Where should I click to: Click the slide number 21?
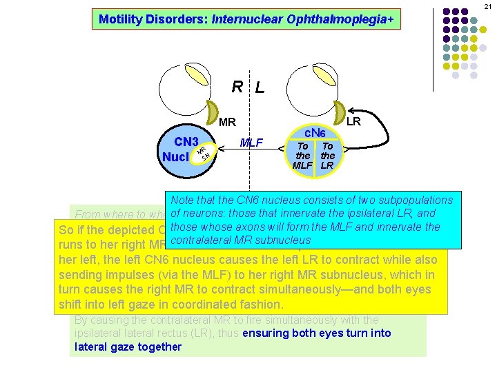tap(487, 6)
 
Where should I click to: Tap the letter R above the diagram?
tap(237, 87)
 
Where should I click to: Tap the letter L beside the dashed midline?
tap(259, 88)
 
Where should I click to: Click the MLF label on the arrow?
tap(251, 143)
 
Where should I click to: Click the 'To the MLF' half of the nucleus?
tap(303, 156)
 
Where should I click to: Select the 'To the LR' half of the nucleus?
tap(327, 156)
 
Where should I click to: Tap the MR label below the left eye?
tap(227, 123)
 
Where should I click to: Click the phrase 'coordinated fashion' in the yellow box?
tap(235, 304)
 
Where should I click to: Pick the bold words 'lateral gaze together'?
tap(128, 347)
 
